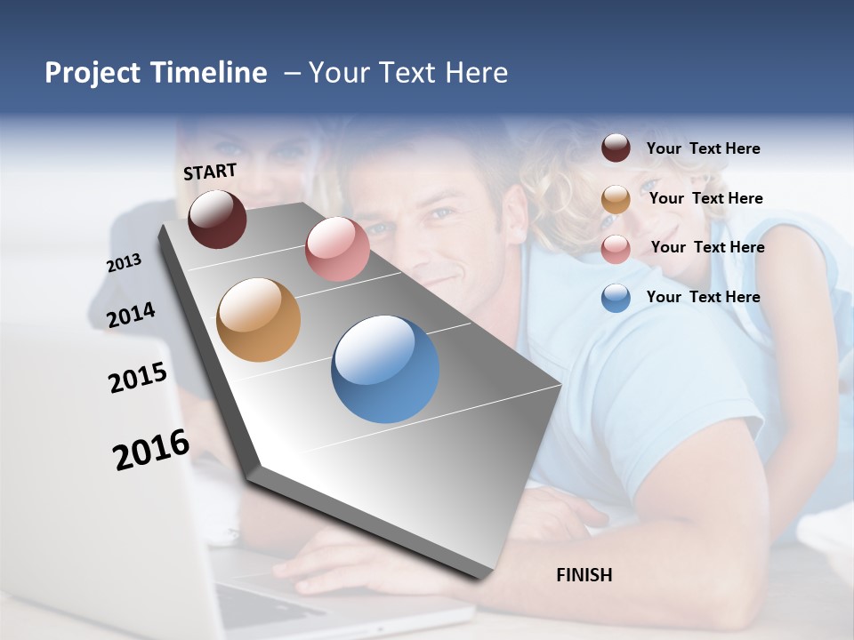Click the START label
(210, 172)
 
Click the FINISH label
(584, 575)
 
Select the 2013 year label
(124, 263)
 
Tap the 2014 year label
(131, 316)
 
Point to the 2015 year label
(137, 378)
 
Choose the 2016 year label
(151, 450)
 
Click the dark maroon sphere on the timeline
(217, 219)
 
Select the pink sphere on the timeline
(337, 249)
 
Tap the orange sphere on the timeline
(259, 320)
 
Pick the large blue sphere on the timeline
(385, 369)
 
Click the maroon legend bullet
(616, 148)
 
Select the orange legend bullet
(616, 199)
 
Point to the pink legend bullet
(616, 249)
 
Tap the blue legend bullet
(616, 298)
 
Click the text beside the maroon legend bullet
(703, 148)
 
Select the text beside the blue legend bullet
(703, 297)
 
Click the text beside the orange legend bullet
(705, 198)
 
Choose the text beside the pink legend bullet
(707, 247)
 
